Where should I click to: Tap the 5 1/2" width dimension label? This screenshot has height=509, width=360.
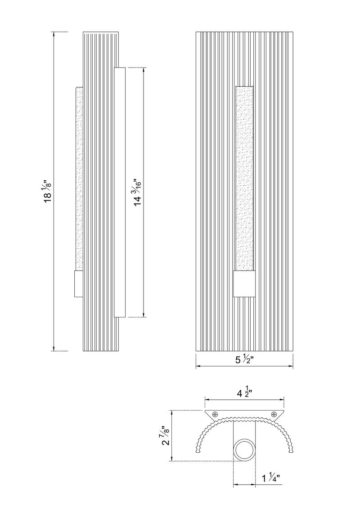pos(244,360)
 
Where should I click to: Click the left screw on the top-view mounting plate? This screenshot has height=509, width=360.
pos(216,414)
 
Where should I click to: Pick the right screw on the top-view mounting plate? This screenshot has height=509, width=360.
pos(273,414)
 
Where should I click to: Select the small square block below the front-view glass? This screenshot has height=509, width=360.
pos(244,284)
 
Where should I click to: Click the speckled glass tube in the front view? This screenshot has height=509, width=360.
pos(244,178)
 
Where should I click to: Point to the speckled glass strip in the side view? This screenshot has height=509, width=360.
pos(80,178)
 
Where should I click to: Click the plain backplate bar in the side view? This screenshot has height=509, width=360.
pos(120,192)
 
